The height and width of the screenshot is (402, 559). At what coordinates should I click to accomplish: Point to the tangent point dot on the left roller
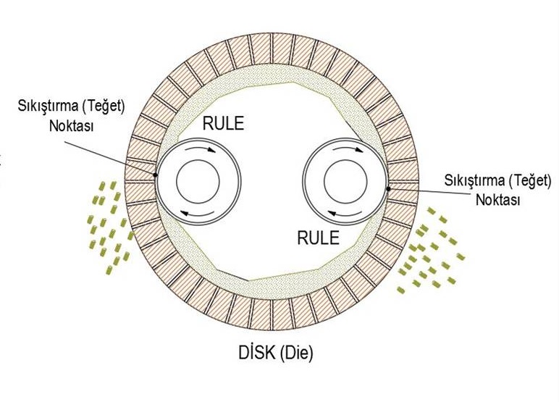[x=156, y=175]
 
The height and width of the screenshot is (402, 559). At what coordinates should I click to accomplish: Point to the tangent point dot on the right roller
[x=388, y=189]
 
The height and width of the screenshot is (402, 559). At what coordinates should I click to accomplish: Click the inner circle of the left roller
[x=198, y=181]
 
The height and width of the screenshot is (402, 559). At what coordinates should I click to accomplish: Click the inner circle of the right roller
[x=345, y=181]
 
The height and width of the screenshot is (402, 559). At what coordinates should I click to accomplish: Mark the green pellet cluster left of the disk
[x=109, y=224]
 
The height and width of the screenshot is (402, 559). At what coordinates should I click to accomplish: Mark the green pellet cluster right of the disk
[x=429, y=254]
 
